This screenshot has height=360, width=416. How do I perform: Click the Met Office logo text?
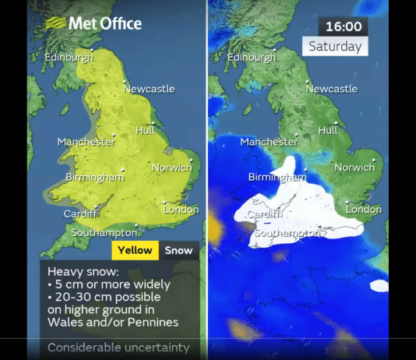pos(104,23)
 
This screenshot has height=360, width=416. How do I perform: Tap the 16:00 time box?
pos(344,26)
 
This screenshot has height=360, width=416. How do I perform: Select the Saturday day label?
pos(335,46)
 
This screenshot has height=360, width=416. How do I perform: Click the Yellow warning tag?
pos(136,250)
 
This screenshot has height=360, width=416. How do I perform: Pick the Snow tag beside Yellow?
pos(178,250)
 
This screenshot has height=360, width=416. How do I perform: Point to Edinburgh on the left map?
pos(69,57)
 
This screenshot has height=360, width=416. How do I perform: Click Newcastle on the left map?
pos(147,88)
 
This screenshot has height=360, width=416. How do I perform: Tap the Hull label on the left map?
pos(145,130)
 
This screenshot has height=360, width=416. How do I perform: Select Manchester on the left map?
pos(86,142)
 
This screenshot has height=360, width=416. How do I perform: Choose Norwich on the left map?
pos(171,167)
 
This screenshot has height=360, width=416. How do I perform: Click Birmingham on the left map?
pos(95,177)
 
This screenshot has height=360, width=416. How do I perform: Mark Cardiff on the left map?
pos(80,214)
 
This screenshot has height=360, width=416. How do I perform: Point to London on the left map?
pos(181,209)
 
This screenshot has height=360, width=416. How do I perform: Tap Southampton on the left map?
pos(104,232)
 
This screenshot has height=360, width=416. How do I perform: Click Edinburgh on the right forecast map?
pos(252,57)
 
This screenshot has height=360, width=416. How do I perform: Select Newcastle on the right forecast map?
pos(331,88)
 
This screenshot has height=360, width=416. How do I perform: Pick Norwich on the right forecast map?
pos(354,167)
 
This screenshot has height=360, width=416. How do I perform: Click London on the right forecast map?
pos(363,209)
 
